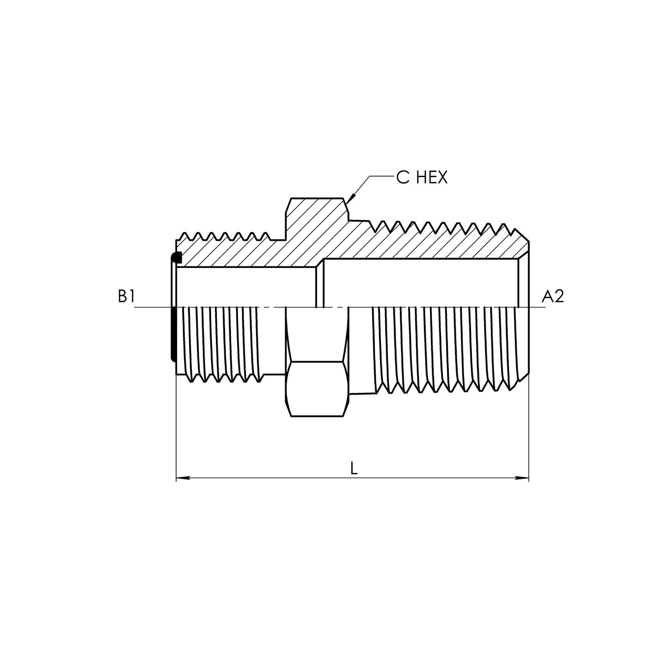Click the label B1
pos(126,296)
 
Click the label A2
pos(552,296)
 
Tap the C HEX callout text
pos(422,178)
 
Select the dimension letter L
pos(354,469)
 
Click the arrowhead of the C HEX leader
pos(349,200)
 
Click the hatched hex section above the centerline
pos(317,222)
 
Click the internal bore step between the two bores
pos(319,284)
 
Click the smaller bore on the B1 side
pos(245,287)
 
